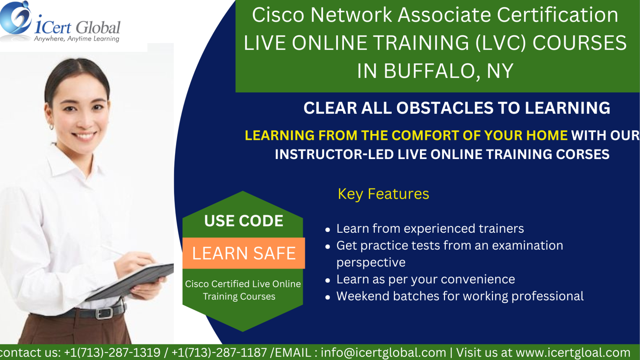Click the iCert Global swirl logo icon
pos(15,18)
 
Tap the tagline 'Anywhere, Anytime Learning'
pos(77,39)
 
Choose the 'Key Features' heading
pos(383,194)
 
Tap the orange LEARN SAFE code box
pos(244,253)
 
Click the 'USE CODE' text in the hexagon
pos(244,221)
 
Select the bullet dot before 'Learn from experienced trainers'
pos(328,230)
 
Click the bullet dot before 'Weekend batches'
pos(328,297)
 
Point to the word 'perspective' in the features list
pos(371,263)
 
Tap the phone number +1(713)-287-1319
pos(112,353)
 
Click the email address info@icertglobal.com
pos(383,353)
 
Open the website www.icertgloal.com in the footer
pos(573,353)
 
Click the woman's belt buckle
pos(104,313)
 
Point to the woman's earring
pos(52,126)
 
